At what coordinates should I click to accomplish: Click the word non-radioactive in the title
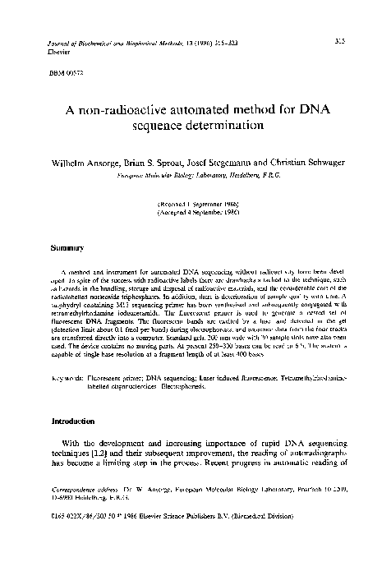[x=134, y=109]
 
